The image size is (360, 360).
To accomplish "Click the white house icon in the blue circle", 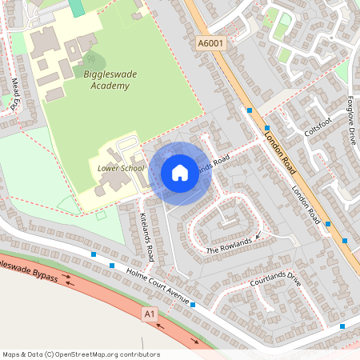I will tap(180, 173).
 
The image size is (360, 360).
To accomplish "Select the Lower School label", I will tap(121, 169).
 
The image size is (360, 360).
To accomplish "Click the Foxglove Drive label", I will tap(350, 121).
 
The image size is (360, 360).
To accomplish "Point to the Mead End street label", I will tap(15, 93).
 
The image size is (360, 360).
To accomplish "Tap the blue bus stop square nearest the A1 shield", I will tap(193, 304).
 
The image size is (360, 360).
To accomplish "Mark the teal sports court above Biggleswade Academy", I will tap(76, 7).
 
